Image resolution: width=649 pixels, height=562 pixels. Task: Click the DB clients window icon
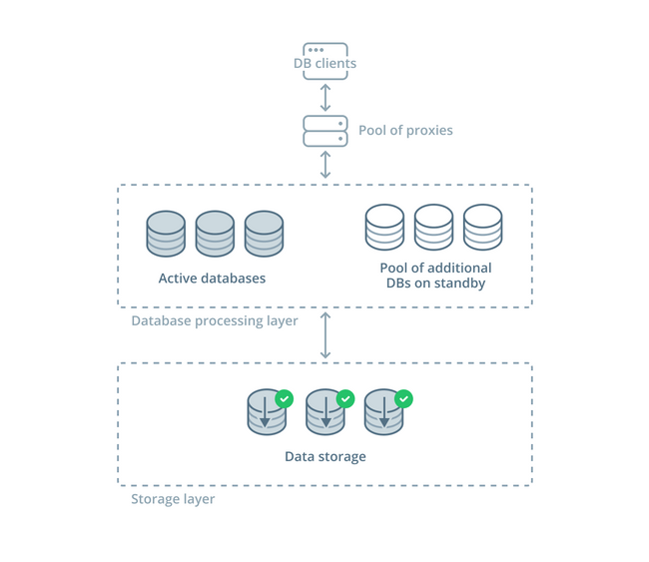pos(324,51)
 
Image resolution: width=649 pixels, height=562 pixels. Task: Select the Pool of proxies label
pos(405,131)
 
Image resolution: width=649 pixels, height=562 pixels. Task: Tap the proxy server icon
pos(324,131)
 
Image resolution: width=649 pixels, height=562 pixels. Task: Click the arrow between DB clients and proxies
pos(324,97)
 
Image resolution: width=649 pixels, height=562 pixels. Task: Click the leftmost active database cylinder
pos(166,235)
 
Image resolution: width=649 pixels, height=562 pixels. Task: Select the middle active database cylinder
pos(215,235)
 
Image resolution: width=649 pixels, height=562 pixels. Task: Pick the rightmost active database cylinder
pos(264,235)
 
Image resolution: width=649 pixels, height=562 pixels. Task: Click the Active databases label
pos(212,279)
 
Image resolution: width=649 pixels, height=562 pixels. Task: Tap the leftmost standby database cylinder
pos(384,229)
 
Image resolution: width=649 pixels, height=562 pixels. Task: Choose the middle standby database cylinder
pos(433,229)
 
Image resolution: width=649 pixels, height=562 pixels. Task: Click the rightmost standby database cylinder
pos(482,229)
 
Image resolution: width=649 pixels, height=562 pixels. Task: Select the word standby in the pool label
pos(461,283)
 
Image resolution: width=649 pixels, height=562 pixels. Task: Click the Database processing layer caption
pos(215,321)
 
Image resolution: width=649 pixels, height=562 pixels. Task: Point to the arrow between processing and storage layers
pos(324,335)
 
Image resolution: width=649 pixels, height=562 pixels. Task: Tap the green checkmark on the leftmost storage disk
pos(284,398)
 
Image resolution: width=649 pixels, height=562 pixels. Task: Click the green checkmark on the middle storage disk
pos(345,398)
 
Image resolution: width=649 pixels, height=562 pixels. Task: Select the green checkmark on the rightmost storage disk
pos(403,398)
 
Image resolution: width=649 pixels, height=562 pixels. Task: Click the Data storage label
pos(324,456)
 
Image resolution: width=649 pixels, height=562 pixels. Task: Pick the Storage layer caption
pos(173,499)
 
